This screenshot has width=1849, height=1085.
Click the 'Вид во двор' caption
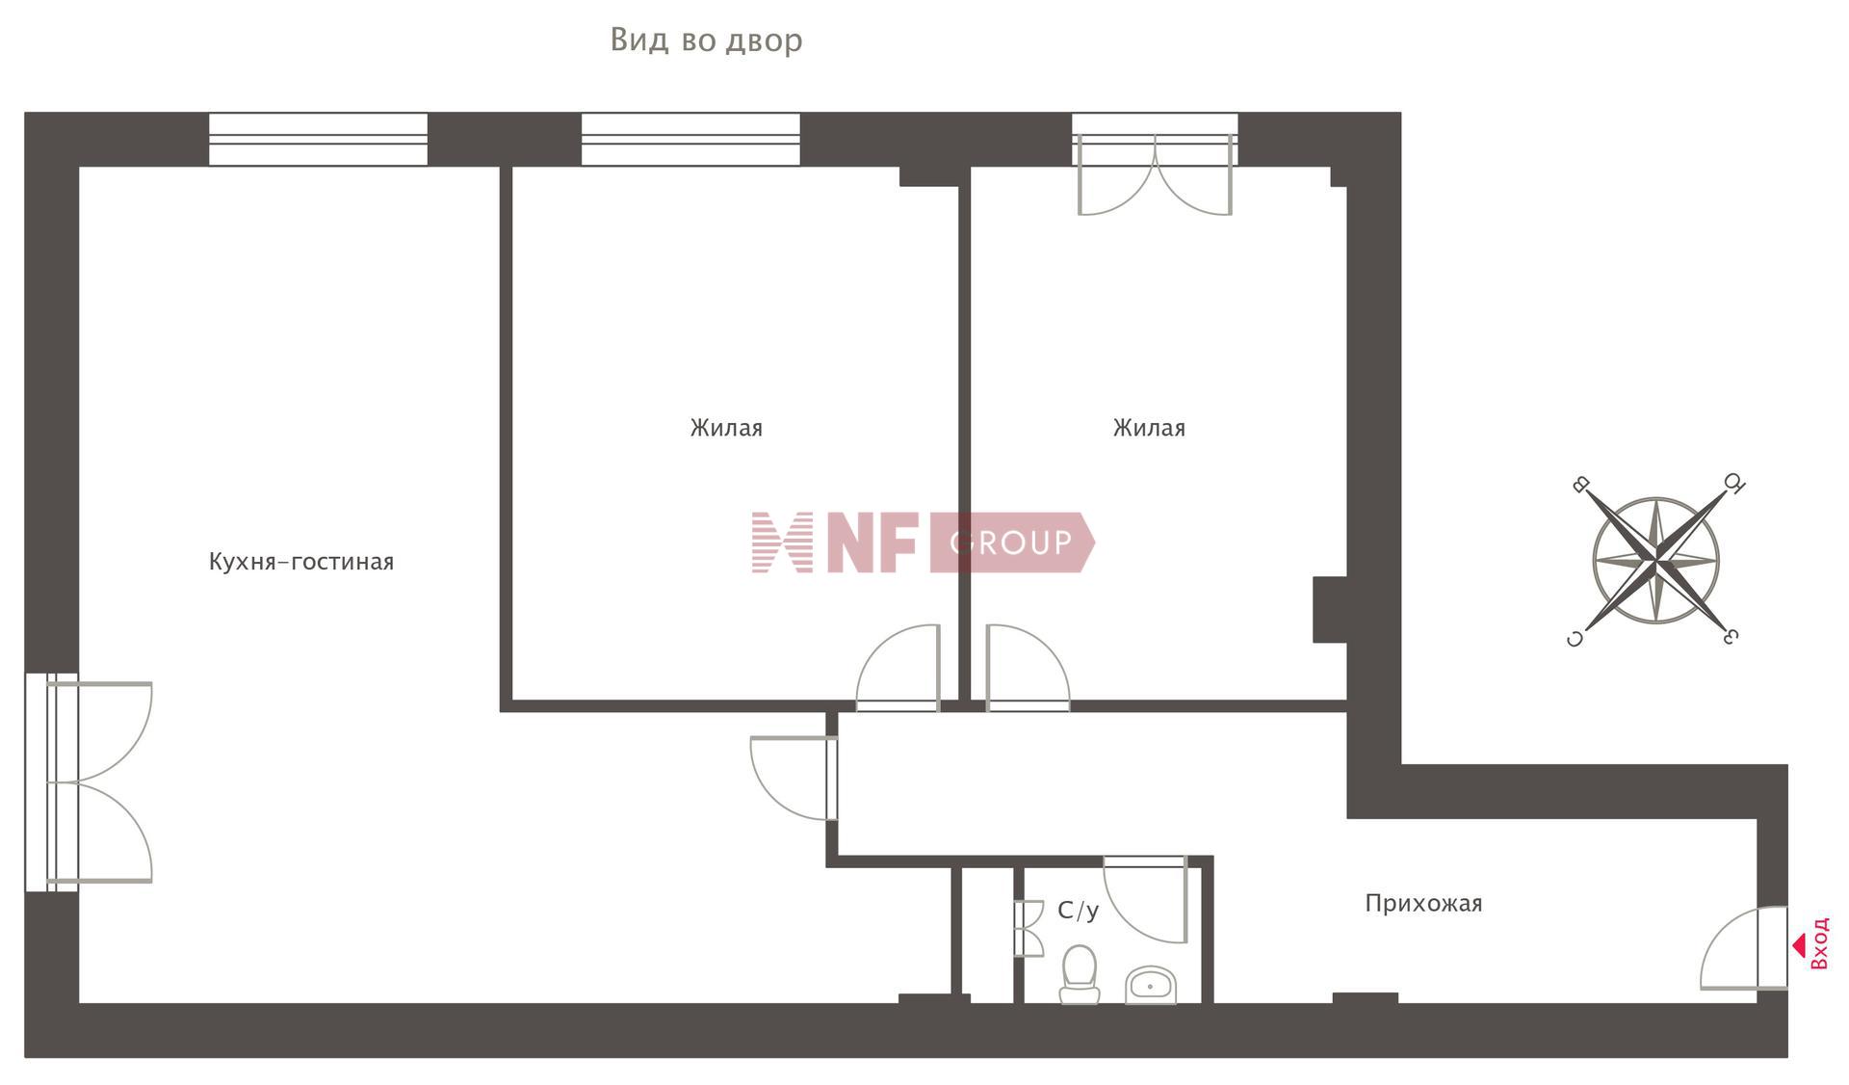[x=706, y=40]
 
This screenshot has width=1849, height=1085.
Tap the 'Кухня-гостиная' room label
[x=301, y=562]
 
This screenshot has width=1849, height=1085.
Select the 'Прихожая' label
[x=1423, y=904]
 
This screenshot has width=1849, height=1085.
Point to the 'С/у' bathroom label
[x=1078, y=911]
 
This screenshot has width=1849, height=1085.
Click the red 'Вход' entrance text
[x=1819, y=943]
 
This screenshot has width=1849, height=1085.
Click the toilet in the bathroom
[x=1080, y=973]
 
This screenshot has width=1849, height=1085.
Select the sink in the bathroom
[x=1151, y=985]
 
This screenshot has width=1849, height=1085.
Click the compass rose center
[x=1655, y=560]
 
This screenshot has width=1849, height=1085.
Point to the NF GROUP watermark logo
[x=922, y=542]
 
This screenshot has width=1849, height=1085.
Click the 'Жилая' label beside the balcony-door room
[x=1149, y=428]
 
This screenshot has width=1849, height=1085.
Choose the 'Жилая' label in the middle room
[x=726, y=428]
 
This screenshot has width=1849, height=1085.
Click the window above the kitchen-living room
[x=318, y=139]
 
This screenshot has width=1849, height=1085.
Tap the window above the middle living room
[x=690, y=139]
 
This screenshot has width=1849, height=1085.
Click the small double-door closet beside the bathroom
[x=1029, y=928]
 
